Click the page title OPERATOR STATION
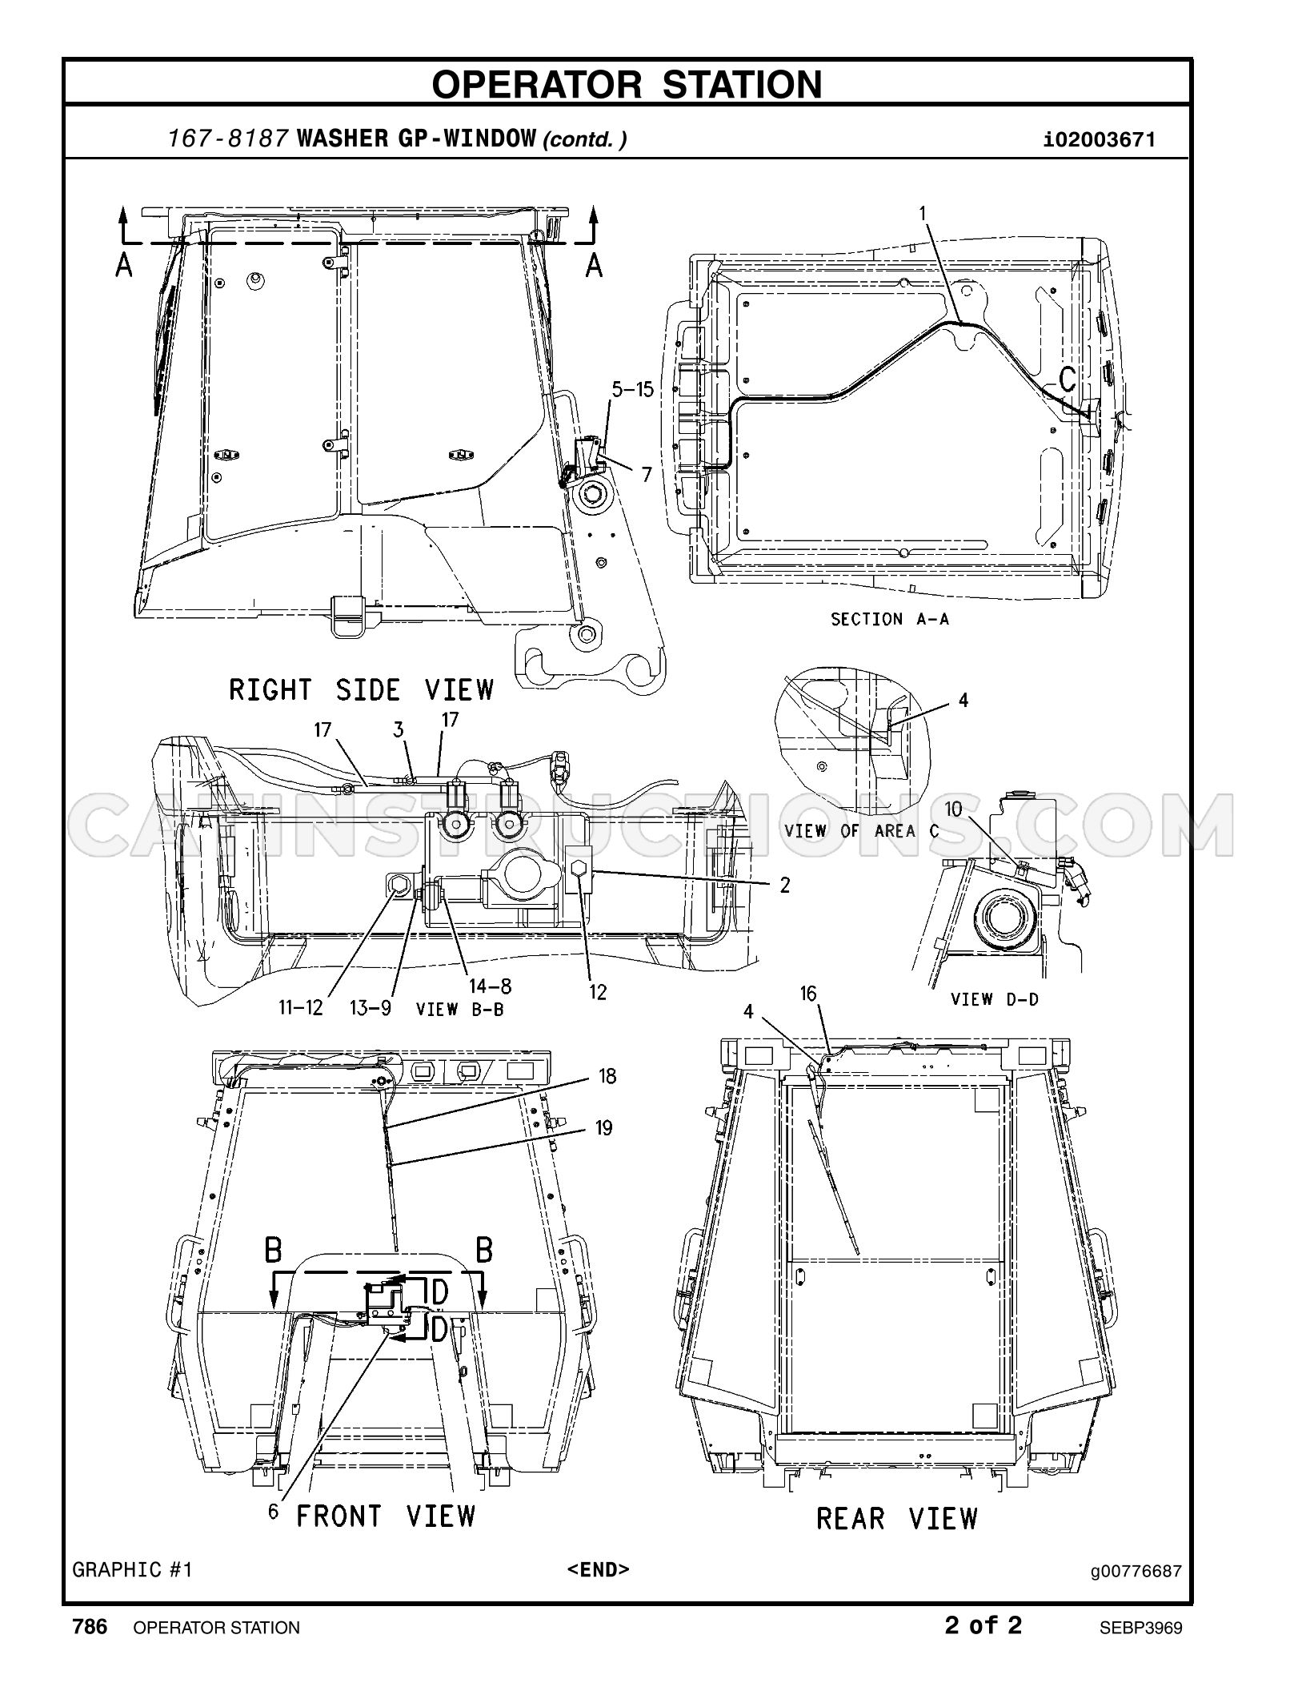[x=627, y=84]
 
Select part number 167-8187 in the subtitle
[x=228, y=139]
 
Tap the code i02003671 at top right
[x=1100, y=140]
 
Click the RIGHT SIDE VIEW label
[x=362, y=689]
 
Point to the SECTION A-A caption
[x=890, y=619]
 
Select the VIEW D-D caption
[x=994, y=998]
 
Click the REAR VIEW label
[x=897, y=1518]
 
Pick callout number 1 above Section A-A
[x=923, y=213]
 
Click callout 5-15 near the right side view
[x=632, y=389]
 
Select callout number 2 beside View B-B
[x=785, y=885]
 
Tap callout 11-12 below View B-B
[x=301, y=1007]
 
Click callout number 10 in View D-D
[x=953, y=809]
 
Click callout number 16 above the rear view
[x=808, y=994]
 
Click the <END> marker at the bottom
[x=598, y=1568]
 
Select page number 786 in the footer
[x=90, y=1626]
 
